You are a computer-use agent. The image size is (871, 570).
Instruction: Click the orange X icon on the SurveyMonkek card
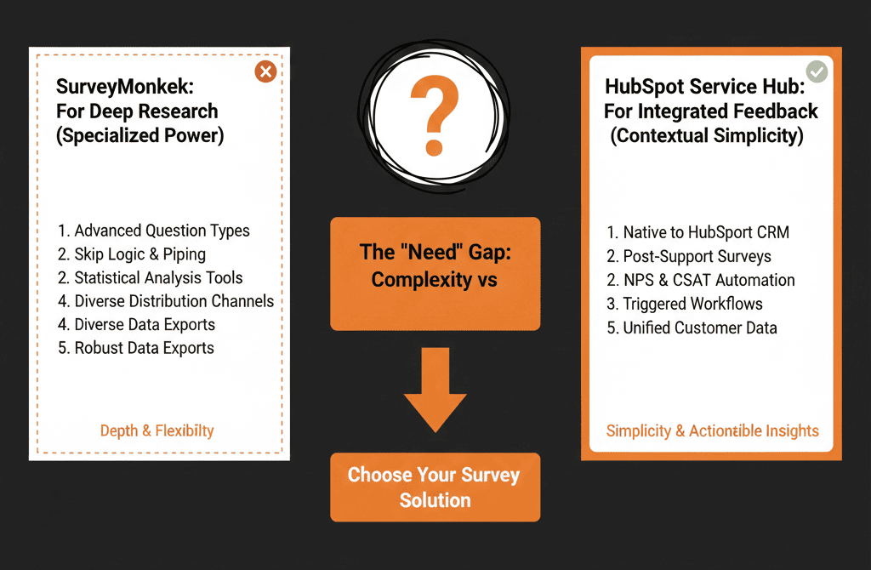[x=265, y=71]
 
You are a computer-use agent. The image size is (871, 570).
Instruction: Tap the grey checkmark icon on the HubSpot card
[x=817, y=71]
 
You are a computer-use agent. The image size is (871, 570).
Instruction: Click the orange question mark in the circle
[x=435, y=116]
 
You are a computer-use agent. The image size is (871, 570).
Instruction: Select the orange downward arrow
[x=435, y=390]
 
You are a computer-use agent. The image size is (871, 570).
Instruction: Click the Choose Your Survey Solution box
[x=435, y=487]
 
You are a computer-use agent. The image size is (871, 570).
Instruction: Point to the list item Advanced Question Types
[x=154, y=231]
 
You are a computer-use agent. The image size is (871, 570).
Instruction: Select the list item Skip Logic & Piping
[x=132, y=254]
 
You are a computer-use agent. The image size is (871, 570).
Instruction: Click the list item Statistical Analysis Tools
[x=151, y=277]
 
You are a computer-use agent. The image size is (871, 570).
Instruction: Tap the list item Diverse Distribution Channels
[x=166, y=300]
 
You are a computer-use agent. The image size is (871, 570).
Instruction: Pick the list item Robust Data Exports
[x=136, y=348]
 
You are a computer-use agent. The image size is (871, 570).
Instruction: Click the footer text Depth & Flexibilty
[x=157, y=430]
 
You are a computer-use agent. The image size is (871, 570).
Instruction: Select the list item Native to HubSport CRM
[x=698, y=232]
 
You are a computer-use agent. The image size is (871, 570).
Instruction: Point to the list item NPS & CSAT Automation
[x=701, y=280]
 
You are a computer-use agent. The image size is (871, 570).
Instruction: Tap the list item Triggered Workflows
[x=685, y=304]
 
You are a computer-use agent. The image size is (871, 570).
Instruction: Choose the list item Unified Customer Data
[x=692, y=328]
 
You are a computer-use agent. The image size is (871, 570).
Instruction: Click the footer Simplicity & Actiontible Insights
[x=713, y=430]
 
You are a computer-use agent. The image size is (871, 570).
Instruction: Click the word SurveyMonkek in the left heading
[x=125, y=87]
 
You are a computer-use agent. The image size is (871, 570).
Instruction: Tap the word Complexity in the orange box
[x=422, y=279]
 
